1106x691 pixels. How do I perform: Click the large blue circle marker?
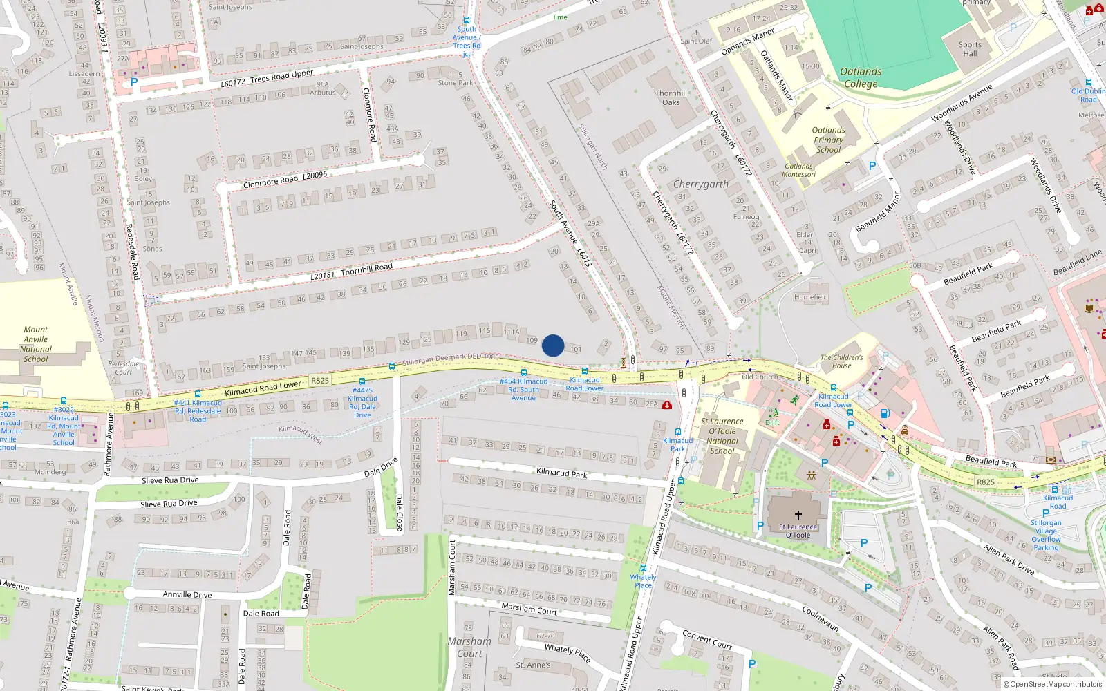coord(553,345)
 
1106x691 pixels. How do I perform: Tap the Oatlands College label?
coord(861,77)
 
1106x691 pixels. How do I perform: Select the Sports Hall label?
coord(970,49)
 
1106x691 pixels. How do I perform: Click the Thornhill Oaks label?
coord(671,97)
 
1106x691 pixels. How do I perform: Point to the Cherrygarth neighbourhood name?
coord(701,184)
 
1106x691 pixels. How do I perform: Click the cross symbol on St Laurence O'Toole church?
coord(798,515)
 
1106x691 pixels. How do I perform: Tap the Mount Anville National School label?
coord(36,344)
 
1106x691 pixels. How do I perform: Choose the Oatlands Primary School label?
coord(828,140)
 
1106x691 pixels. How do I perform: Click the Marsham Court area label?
coord(469,647)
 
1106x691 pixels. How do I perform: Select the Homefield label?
coord(811,297)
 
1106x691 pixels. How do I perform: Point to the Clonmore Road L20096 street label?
coord(285,180)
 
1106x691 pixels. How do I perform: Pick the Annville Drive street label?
coord(187,594)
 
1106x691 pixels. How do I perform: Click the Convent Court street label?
coord(707,639)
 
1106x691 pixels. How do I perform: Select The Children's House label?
coord(841,361)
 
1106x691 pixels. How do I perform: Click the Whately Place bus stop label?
coord(643,581)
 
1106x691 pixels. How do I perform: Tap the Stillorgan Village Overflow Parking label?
coord(1046,535)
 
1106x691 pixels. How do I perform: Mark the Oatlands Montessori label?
coord(799,170)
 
